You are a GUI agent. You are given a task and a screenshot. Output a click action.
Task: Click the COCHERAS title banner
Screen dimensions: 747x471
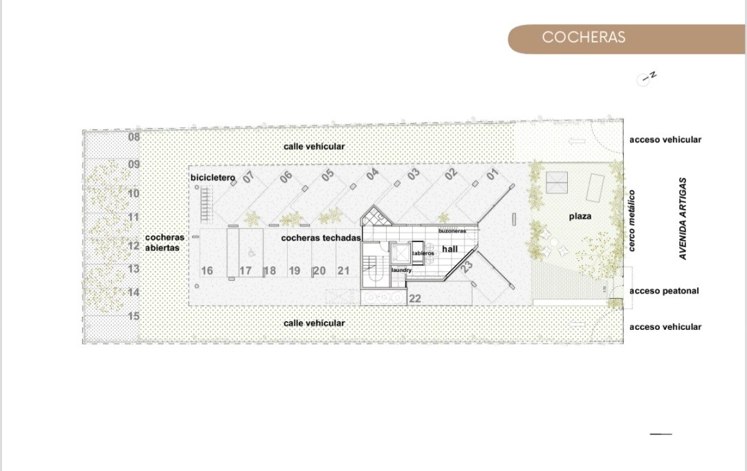coord(627,39)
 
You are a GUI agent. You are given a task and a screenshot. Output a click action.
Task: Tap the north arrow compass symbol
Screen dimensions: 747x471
coord(647,78)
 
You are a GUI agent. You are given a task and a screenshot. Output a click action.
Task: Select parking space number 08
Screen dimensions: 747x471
coord(134,137)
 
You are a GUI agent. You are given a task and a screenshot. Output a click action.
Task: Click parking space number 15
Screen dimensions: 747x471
coord(134,316)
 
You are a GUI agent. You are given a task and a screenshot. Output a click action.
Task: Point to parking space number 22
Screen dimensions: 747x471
coord(415,299)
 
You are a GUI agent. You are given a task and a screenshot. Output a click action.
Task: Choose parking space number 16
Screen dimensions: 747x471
coord(207,270)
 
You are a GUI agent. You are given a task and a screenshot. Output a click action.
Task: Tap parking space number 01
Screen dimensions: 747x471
coord(492,174)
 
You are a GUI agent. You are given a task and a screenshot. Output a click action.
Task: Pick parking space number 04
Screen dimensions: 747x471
coord(373,174)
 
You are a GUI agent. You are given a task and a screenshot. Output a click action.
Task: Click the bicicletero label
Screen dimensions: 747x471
coord(213,178)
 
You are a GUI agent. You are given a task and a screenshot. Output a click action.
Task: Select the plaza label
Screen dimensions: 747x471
coord(580,216)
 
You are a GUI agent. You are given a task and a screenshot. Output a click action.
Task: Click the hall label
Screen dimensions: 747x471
coord(450,248)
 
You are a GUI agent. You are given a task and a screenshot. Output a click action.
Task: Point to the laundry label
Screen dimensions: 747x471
coord(402,270)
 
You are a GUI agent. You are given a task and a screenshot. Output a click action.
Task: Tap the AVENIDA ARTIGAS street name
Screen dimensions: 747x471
coord(683,219)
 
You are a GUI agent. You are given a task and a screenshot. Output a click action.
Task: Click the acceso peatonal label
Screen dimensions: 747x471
coord(664,290)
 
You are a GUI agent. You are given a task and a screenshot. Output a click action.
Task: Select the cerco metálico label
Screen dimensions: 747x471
coord(631,221)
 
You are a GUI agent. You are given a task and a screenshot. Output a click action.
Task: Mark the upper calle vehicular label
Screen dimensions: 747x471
coord(314,146)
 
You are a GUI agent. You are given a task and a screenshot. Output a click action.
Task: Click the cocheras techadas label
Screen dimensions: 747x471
coord(321,238)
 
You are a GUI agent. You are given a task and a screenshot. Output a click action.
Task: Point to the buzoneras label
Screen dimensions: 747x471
coord(452,231)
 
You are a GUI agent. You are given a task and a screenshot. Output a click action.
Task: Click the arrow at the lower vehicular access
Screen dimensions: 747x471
coord(577,325)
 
